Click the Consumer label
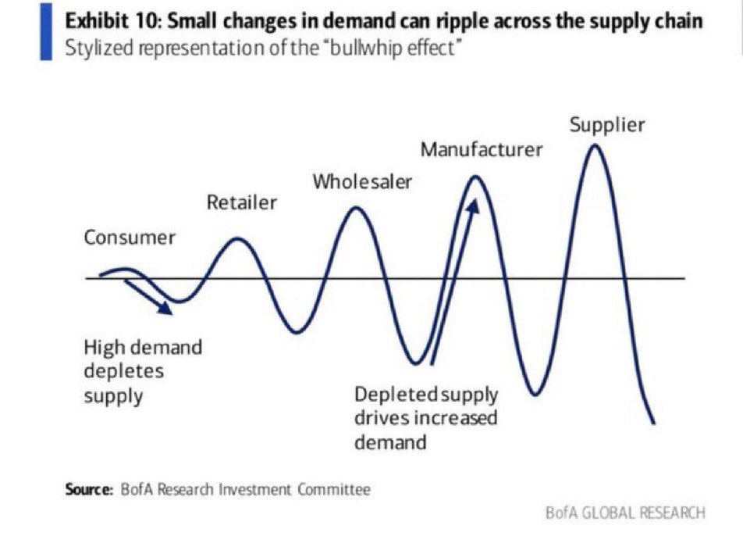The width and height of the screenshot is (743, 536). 130,238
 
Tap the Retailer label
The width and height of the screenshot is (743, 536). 242,202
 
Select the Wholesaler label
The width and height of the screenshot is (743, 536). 362,182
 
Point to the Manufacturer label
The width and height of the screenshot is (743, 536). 482,149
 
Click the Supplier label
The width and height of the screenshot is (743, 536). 607,125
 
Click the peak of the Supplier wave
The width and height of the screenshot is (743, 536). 595,146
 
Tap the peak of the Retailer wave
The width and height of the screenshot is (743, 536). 237,240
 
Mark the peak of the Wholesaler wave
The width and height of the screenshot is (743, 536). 356,209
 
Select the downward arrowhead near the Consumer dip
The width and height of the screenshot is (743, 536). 165,307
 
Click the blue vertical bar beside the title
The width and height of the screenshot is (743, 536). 46,31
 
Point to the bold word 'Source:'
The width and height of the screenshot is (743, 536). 89,489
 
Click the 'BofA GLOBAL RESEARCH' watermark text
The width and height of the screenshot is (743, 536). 625,513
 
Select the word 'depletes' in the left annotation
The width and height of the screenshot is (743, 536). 123,371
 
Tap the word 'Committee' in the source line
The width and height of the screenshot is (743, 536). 334,489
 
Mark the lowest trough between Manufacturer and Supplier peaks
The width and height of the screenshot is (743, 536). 535,393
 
